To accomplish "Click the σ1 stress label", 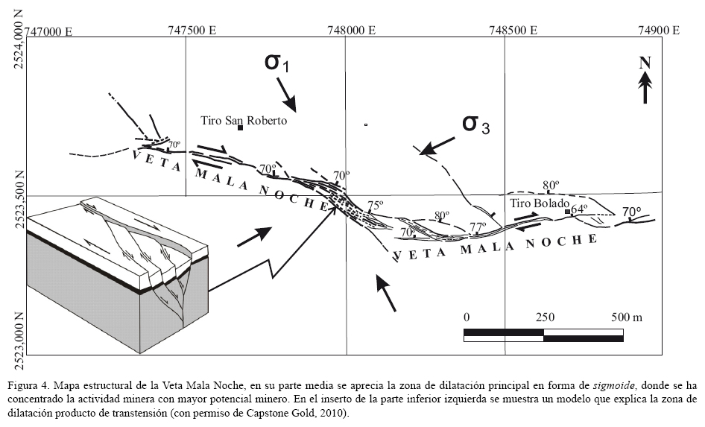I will [x=276, y=63].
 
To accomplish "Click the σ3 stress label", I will [x=476, y=124].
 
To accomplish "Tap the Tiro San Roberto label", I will [x=244, y=120].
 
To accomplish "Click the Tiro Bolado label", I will [x=540, y=203].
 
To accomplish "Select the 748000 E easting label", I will [x=350, y=31].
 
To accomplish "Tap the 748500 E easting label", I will [x=512, y=31].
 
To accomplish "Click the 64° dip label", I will [x=579, y=208].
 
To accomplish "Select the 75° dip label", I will [x=375, y=205].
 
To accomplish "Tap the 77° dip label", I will [x=478, y=227].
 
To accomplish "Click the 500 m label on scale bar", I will [x=625, y=317].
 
